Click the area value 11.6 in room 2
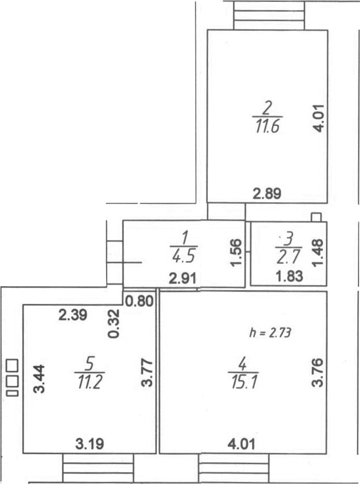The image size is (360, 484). [x=267, y=127]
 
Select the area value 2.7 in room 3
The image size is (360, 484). [x=288, y=257]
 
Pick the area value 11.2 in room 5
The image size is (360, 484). [x=89, y=382]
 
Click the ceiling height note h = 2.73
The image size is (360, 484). [x=270, y=333]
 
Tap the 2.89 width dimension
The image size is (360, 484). [x=267, y=194]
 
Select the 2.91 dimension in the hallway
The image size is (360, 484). [x=183, y=279]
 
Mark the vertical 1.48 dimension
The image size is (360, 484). [x=318, y=252]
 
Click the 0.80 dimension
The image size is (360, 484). [x=140, y=301]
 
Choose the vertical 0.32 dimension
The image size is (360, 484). [x=114, y=324]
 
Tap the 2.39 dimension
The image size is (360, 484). [x=73, y=315]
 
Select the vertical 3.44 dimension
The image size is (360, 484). [x=39, y=379]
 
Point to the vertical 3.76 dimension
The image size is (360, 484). [x=317, y=372]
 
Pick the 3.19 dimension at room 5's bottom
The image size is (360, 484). [x=90, y=444]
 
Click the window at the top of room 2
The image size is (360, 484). [x=269, y=15]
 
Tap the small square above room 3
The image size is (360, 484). [x=316, y=217]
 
